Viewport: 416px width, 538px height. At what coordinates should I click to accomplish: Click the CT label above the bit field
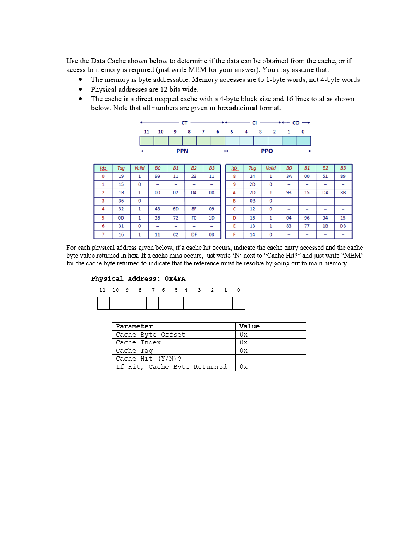pyautogui.click(x=184, y=123)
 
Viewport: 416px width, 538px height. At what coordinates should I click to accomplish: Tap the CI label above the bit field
pyautogui.click(x=254, y=123)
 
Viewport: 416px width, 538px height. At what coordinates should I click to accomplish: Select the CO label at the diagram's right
pyautogui.click(x=296, y=123)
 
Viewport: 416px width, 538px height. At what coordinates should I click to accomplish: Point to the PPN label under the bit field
pyautogui.click(x=182, y=151)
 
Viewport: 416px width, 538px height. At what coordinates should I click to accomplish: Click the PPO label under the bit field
pyautogui.click(x=267, y=151)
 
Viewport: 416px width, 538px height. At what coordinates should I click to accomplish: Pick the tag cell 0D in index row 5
pyautogui.click(x=121, y=218)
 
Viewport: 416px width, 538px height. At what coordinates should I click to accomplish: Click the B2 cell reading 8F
pyautogui.click(x=194, y=209)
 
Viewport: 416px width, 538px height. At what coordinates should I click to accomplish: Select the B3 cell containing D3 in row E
pyautogui.click(x=343, y=226)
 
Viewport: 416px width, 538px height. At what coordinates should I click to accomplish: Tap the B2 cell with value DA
pyautogui.click(x=325, y=193)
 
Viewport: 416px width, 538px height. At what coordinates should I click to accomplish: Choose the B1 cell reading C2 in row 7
pyautogui.click(x=175, y=234)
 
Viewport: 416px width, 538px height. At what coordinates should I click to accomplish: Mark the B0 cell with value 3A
pyautogui.click(x=289, y=176)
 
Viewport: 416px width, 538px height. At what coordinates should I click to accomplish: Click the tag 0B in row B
pyautogui.click(x=252, y=201)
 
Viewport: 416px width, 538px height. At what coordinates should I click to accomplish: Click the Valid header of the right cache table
pyautogui.click(x=271, y=168)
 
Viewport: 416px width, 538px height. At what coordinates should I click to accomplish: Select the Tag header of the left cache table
pyautogui.click(x=121, y=168)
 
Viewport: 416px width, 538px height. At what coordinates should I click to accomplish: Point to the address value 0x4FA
pyautogui.click(x=175, y=279)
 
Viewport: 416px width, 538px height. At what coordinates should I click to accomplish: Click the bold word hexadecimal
pyautogui.click(x=237, y=108)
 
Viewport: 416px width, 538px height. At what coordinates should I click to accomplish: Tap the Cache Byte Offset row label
pyautogui.click(x=151, y=335)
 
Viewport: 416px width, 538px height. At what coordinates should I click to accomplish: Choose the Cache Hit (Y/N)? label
pyautogui.click(x=148, y=359)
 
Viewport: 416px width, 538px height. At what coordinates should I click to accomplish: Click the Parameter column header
pyautogui.click(x=134, y=326)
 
